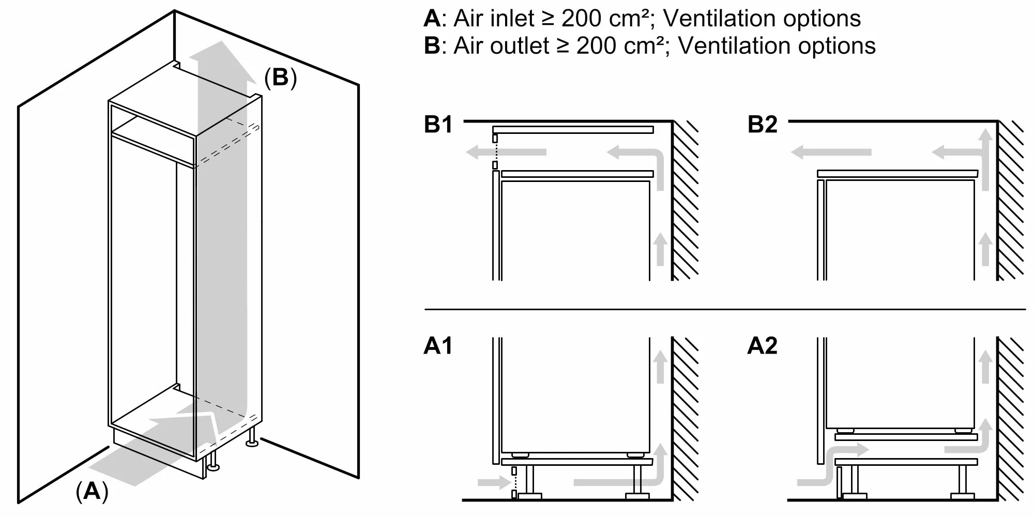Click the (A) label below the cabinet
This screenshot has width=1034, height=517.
tap(92, 491)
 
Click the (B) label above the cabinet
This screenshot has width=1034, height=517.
tap(280, 78)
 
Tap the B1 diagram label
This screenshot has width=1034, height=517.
tap(438, 125)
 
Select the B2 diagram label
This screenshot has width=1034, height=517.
tap(762, 125)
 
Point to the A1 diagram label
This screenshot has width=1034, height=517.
tap(438, 345)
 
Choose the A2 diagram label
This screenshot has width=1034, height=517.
tap(762, 345)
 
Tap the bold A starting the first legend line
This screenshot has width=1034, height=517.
tap(431, 19)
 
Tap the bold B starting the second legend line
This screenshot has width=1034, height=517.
tap(431, 46)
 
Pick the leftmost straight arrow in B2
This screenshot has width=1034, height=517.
tap(830, 152)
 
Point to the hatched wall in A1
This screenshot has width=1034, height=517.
tap(685, 419)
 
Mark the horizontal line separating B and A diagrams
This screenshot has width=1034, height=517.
tap(724, 309)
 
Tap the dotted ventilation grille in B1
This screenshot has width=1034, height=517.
tap(495, 152)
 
